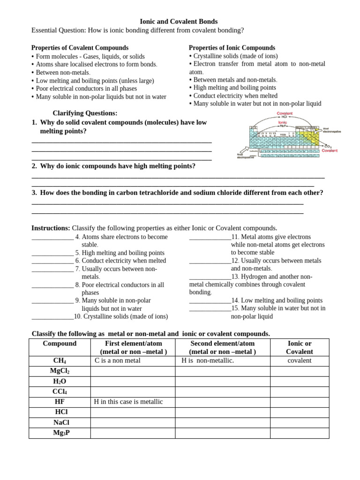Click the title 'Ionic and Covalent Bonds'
pos(179,22)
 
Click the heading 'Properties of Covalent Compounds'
pos(80,48)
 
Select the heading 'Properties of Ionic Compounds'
pos(232,48)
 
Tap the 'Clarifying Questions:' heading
pos(85,113)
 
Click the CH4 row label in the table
pos(60,361)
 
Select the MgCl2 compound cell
pos(60,371)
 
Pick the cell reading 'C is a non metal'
pos(118,360)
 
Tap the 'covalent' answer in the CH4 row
pos(299,360)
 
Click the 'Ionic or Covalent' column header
pos(299,347)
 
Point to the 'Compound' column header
pos(60,344)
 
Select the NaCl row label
pos(60,422)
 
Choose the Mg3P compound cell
pos(60,433)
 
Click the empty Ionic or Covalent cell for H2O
pos(299,382)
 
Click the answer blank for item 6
pos(52,262)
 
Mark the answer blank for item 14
pos(210,301)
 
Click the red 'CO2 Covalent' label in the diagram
pos(329,149)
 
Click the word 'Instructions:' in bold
pos(51,228)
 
